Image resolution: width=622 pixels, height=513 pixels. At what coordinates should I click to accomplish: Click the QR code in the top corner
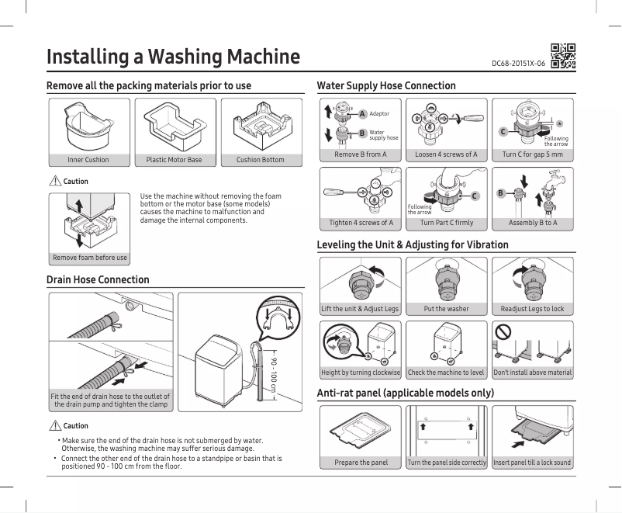pyautogui.click(x=563, y=56)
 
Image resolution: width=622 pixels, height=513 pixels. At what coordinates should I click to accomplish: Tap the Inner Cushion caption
pyautogui.click(x=88, y=160)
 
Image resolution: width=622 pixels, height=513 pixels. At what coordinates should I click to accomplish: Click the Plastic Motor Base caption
pyautogui.click(x=174, y=160)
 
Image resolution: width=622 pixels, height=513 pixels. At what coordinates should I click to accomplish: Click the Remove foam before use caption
pyautogui.click(x=89, y=258)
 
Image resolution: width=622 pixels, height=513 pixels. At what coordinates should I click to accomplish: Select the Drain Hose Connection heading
pyautogui.click(x=98, y=279)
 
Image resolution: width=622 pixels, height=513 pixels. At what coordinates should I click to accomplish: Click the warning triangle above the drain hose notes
pyautogui.click(x=54, y=426)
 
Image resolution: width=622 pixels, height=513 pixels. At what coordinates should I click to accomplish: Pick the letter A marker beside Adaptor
pyautogui.click(x=361, y=113)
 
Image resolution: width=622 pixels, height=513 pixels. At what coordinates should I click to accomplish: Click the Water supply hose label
pyautogui.click(x=383, y=135)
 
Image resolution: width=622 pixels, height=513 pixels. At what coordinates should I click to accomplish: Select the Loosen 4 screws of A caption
pyautogui.click(x=446, y=154)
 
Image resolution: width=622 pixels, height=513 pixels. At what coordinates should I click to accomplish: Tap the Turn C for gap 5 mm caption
pyautogui.click(x=532, y=154)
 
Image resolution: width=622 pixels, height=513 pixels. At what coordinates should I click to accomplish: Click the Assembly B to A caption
pyautogui.click(x=532, y=223)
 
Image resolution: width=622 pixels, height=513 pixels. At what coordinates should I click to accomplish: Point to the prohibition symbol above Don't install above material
pyautogui.click(x=503, y=332)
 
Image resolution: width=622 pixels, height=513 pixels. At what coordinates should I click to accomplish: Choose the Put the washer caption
pyautogui.click(x=446, y=309)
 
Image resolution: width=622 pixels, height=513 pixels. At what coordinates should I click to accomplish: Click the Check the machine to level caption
pyautogui.click(x=446, y=373)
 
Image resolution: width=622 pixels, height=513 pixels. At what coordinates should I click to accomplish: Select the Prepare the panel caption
pyautogui.click(x=361, y=463)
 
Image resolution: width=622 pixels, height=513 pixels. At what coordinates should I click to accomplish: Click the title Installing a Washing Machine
pyautogui.click(x=173, y=57)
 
